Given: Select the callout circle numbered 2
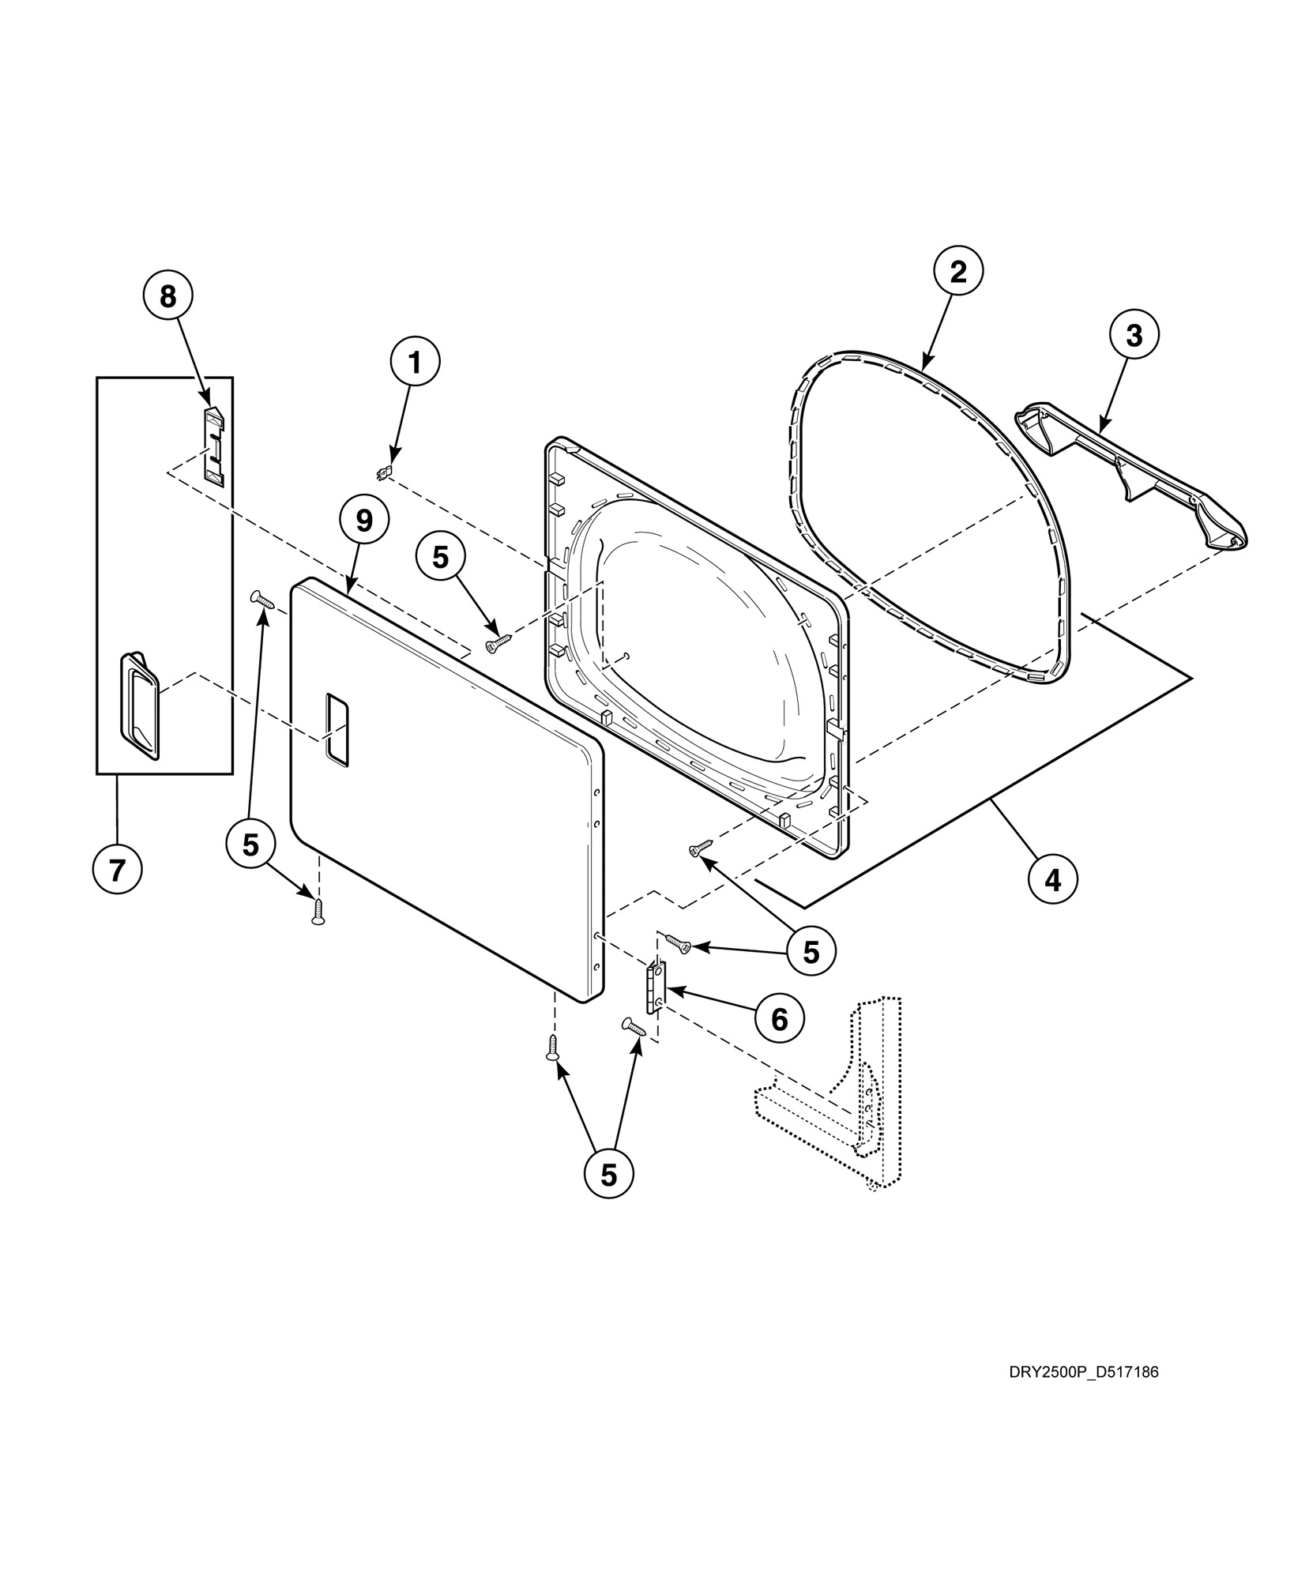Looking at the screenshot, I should [x=957, y=273].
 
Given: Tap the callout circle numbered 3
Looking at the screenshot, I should [x=1134, y=336].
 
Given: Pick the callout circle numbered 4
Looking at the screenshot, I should [x=1053, y=878].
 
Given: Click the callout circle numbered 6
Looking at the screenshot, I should [x=779, y=1019].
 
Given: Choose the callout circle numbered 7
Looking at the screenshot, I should [x=117, y=870].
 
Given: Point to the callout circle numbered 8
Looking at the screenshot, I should [x=167, y=296].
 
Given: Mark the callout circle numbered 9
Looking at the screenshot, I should [x=363, y=520].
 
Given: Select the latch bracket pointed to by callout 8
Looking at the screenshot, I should [x=213, y=444].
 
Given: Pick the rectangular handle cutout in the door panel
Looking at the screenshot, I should [x=337, y=729].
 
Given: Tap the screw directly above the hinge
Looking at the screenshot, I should [x=678, y=942].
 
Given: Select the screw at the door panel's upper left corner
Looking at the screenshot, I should [x=261, y=600].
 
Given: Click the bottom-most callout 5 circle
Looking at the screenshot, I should [x=608, y=1197].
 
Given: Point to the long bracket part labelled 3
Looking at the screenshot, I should [x=1130, y=474].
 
